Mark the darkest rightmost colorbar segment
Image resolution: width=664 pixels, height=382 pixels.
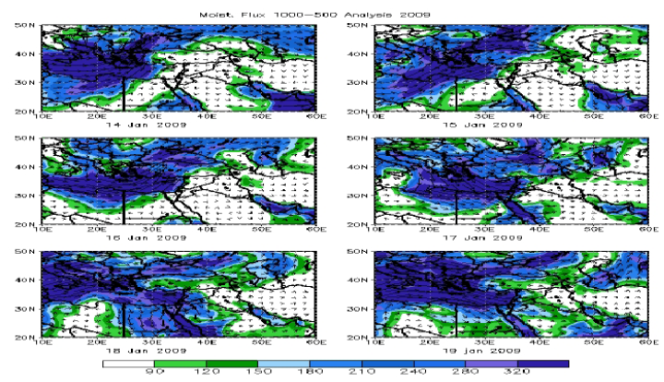[543, 364]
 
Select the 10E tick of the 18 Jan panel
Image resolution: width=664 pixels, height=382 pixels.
[42, 343]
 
